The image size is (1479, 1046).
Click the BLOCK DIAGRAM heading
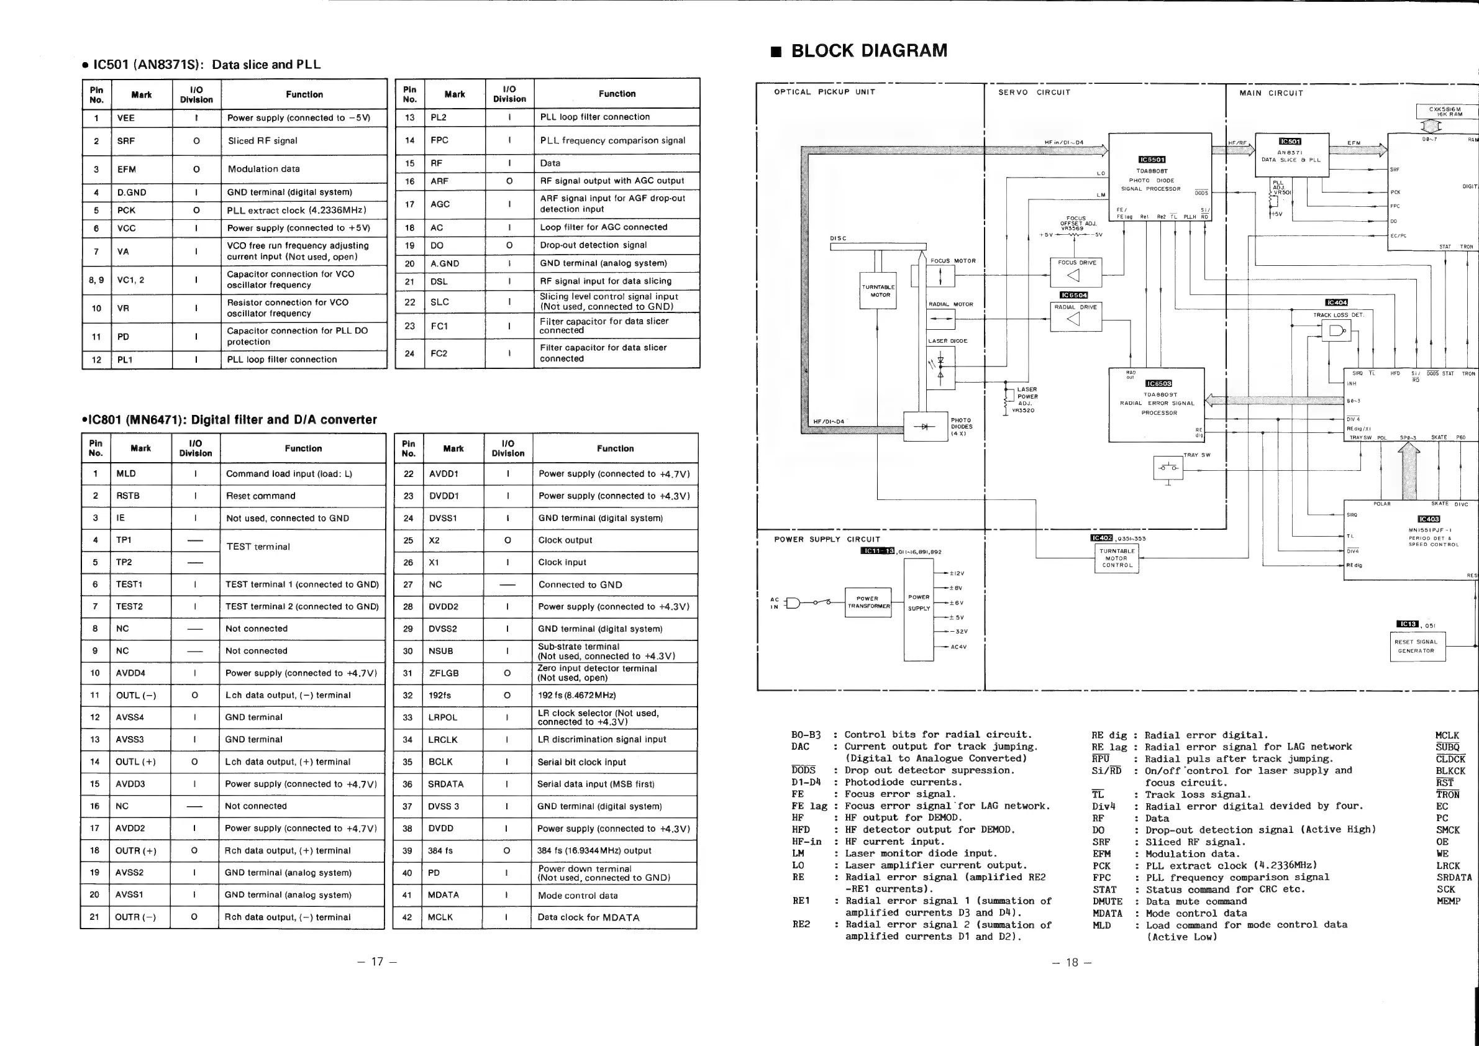click(868, 51)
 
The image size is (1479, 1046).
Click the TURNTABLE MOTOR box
click(878, 291)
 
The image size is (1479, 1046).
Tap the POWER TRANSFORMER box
click(868, 603)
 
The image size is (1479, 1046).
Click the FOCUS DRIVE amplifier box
click(1076, 273)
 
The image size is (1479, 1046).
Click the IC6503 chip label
click(1159, 383)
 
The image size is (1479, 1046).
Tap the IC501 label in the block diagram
click(1290, 142)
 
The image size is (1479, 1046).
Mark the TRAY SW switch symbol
click(1168, 468)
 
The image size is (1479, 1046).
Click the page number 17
click(377, 962)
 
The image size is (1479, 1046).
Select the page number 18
click(1072, 962)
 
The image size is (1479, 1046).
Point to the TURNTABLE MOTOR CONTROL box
click(1117, 558)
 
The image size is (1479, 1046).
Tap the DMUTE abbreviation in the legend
click(1108, 902)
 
